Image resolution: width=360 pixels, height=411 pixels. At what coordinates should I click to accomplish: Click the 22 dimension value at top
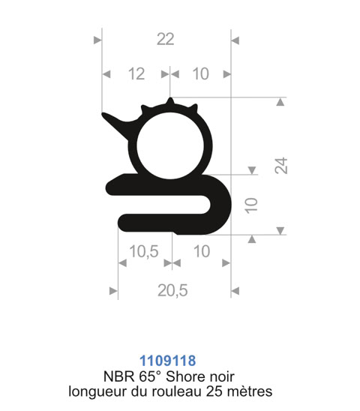pos(165,40)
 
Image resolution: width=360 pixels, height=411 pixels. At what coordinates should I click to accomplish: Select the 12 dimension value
pos(136,74)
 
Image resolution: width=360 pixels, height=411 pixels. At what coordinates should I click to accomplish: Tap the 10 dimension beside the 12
pos(200,73)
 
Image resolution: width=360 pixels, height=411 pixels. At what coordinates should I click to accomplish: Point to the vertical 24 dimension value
pos(281,166)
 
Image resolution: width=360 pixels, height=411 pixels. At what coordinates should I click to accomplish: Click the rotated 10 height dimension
pos(251,205)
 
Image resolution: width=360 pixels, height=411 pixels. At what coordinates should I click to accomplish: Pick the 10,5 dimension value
pos(144,252)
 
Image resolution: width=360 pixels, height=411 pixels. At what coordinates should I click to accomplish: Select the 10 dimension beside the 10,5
pos(202,251)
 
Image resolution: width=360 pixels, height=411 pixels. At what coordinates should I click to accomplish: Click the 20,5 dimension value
pos(172,291)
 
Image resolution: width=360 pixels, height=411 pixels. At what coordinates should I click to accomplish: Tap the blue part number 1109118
pos(167,361)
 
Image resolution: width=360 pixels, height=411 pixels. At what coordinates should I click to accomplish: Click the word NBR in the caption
pos(118,376)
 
